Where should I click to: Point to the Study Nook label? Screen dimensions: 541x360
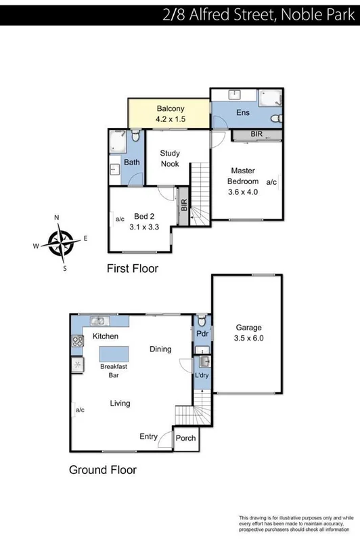(x=170, y=158)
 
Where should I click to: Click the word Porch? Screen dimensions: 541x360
(x=185, y=439)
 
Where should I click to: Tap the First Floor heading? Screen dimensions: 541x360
(x=133, y=269)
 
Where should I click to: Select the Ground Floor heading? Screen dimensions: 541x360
(x=103, y=469)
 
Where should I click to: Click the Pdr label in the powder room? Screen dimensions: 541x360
(x=202, y=334)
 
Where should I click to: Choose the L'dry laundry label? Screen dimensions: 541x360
(x=202, y=375)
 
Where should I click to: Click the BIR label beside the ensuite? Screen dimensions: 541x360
(x=256, y=135)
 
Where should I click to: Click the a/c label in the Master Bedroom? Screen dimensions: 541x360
(x=271, y=182)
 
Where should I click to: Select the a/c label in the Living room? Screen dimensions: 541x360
(x=80, y=410)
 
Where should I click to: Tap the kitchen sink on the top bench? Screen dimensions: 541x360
(x=99, y=321)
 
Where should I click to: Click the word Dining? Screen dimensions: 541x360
(x=160, y=349)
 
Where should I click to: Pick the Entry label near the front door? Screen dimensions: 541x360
(x=149, y=437)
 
